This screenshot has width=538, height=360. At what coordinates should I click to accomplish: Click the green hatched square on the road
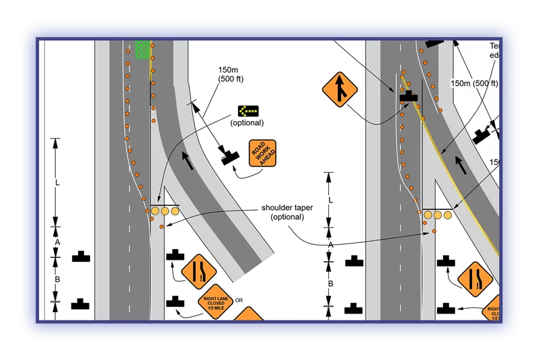142,50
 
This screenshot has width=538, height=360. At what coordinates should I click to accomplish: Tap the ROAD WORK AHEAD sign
262,153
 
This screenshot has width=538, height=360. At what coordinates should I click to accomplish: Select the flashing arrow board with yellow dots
248,111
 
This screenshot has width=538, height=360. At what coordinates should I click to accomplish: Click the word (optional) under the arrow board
247,123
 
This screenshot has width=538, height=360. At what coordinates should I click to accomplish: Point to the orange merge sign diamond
341,89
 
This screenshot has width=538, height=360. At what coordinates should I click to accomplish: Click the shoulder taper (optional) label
287,212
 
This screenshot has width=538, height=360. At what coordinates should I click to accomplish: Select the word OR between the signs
239,300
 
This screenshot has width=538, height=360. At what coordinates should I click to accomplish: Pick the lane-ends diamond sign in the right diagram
475,279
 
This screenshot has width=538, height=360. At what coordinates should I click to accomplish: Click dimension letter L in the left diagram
57,182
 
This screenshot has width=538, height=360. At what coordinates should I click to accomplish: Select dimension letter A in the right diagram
330,246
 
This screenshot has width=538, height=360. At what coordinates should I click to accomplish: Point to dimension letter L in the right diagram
330,200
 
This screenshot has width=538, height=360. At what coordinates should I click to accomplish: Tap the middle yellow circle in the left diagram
165,211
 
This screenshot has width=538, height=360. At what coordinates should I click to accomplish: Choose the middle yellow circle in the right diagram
438,215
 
